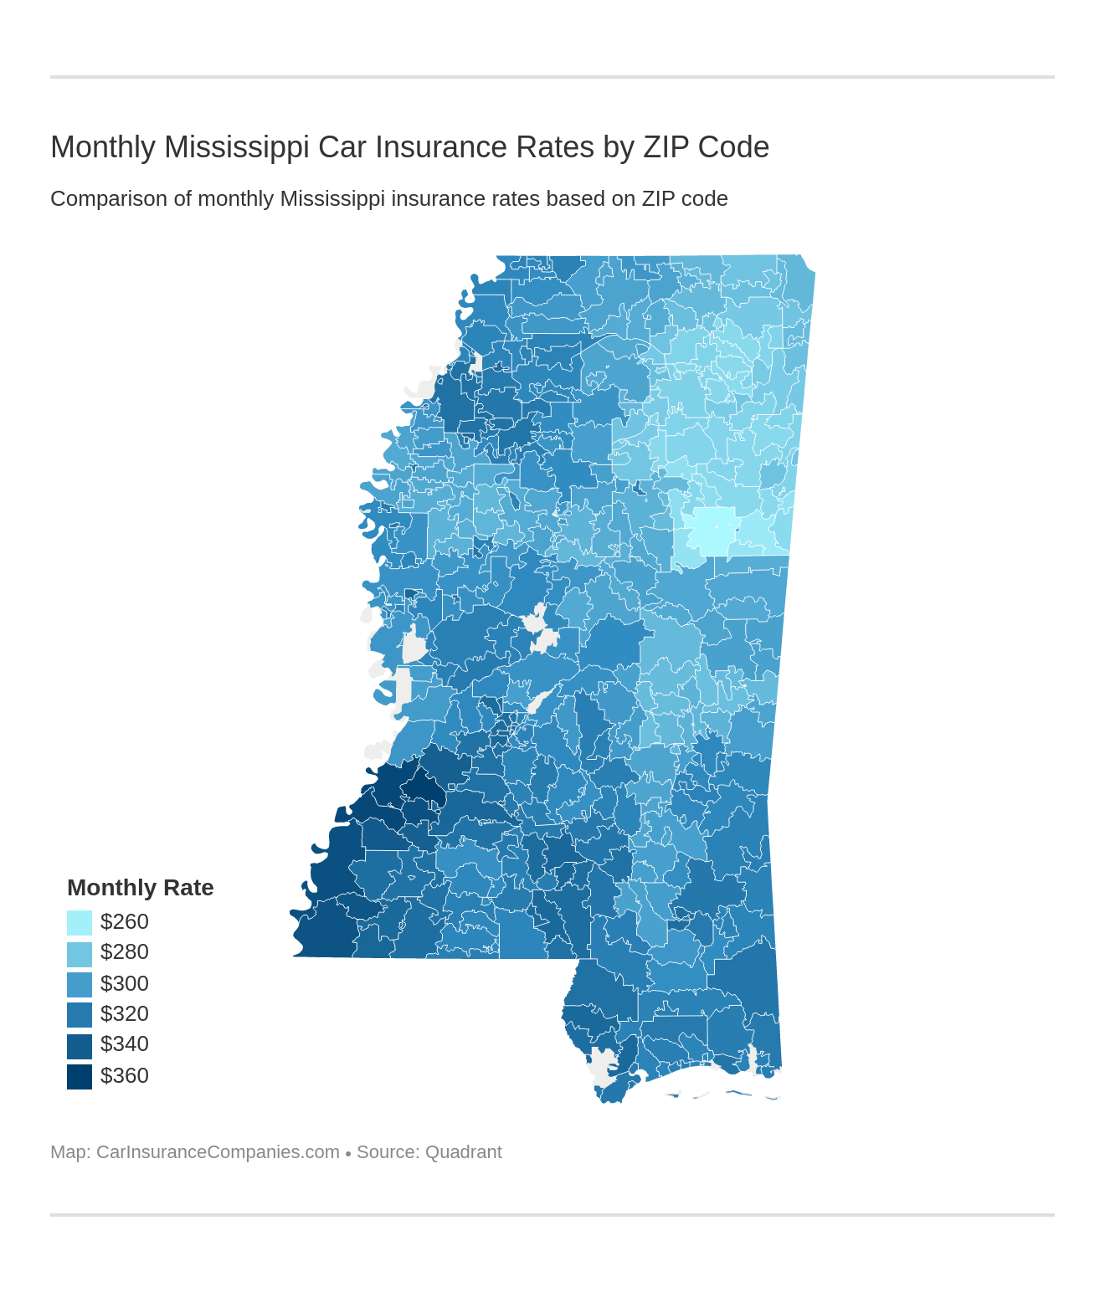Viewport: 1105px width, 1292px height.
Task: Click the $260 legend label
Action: click(124, 922)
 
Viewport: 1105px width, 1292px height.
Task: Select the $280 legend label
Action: click(124, 952)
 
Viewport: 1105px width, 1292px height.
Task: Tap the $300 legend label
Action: click(124, 983)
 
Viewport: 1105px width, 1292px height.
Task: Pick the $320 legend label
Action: click(124, 1014)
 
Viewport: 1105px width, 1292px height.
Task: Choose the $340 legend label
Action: click(124, 1044)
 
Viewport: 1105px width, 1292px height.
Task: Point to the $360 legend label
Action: click(124, 1075)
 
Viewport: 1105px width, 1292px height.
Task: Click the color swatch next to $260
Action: click(80, 923)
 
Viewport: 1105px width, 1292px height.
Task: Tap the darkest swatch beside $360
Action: click(80, 1076)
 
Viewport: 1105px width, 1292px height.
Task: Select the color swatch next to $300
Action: click(80, 984)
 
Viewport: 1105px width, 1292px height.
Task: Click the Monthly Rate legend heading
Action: click(140, 888)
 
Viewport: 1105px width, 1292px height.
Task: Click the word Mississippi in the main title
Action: click(237, 147)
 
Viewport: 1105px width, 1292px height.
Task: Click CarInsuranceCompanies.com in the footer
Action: click(218, 1152)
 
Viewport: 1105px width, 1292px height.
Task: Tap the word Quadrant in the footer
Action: click(463, 1152)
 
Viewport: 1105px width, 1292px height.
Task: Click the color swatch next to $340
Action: click(80, 1046)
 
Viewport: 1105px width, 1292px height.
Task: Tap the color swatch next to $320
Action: click(80, 1015)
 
